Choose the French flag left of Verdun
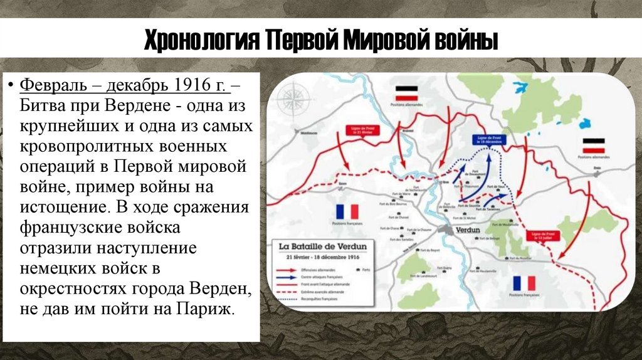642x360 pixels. [x=346, y=211]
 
